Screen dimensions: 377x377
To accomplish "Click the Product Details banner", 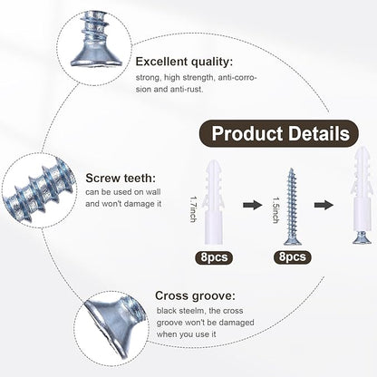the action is tap(279, 133).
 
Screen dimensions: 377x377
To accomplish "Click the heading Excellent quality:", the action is tap(184, 62).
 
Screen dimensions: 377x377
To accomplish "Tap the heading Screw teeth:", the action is tap(121, 178).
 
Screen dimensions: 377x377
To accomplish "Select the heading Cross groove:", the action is tap(195, 295).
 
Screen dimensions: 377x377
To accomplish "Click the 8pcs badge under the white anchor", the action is tap(214, 257).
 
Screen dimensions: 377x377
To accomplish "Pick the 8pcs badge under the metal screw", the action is tap(293, 256).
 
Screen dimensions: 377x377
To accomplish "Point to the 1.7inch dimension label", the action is tap(193, 209).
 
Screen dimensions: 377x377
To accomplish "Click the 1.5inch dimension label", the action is tap(275, 210).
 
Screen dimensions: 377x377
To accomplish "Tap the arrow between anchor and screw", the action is tap(252, 205).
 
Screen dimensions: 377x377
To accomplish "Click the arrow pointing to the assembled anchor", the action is tap(324, 205).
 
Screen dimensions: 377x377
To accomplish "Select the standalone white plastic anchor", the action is tap(214, 202).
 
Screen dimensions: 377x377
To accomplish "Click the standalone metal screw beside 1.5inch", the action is tap(291, 207).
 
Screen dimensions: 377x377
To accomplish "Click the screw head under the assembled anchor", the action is tap(362, 237).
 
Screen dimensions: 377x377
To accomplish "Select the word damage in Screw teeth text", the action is tap(139, 204).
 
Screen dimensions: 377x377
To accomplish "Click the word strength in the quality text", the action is tap(197, 78).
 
